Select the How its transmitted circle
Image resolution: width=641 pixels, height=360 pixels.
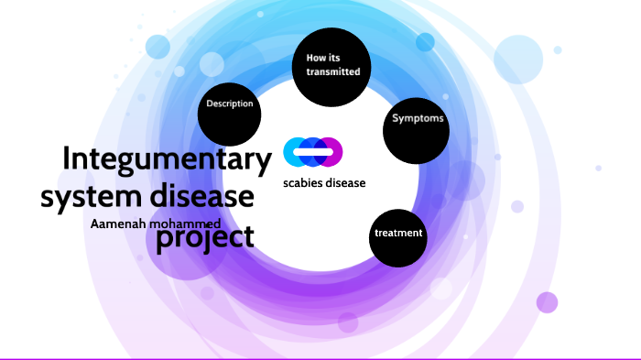point(331,64)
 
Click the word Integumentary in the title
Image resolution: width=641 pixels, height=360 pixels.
point(167,159)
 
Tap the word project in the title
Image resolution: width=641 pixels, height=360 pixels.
point(204,236)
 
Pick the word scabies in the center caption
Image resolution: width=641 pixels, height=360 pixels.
point(305,183)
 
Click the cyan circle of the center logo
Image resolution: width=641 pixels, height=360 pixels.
point(295,152)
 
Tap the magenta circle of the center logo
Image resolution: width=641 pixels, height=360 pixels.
point(331,152)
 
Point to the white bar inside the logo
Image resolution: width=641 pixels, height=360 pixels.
point(312,152)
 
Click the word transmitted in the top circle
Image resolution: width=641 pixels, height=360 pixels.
point(332,71)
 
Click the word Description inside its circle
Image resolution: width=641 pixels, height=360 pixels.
point(230,104)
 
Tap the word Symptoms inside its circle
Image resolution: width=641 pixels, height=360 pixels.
point(418,119)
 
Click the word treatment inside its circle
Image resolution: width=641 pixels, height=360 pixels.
point(398,234)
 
